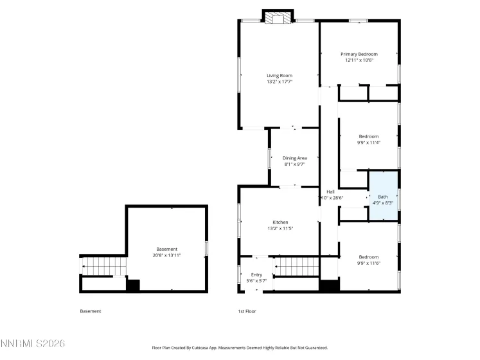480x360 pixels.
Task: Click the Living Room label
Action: [280, 76]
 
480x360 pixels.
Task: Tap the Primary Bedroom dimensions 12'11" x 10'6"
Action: [359, 60]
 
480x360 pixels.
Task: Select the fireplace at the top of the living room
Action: [278, 19]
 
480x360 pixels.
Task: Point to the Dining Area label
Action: [294, 158]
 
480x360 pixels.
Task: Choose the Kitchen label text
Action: [280, 222]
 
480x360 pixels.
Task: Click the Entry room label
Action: [256, 275]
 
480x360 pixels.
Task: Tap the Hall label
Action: [330, 192]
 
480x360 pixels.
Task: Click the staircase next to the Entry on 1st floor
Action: [296, 265]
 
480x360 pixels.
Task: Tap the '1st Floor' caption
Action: [247, 311]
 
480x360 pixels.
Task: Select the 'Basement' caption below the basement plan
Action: [91, 311]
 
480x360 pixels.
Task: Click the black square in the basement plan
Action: [133, 286]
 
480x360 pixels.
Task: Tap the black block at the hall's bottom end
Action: [329, 285]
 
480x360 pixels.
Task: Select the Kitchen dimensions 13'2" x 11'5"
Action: [280, 228]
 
